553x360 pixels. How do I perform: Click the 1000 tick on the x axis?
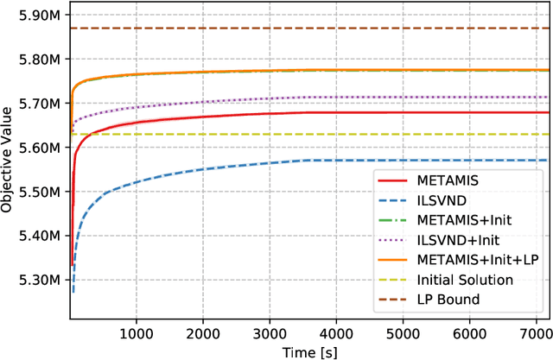pyautogui.click(x=136, y=333)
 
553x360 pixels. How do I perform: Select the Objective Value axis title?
pyautogui.click(x=8, y=161)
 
